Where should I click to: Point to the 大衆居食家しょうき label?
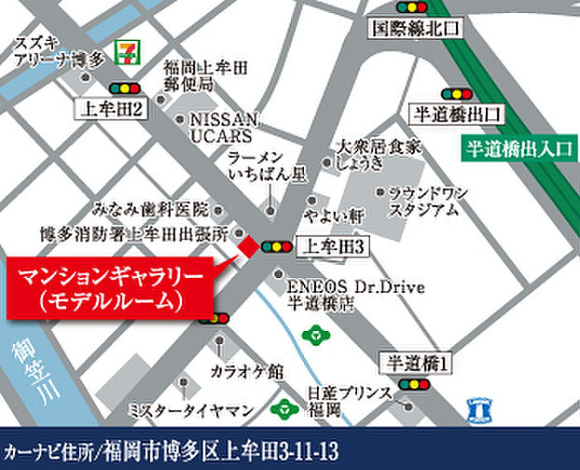(x=373, y=155)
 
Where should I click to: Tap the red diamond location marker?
(x=249, y=246)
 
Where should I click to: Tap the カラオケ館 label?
(x=246, y=371)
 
